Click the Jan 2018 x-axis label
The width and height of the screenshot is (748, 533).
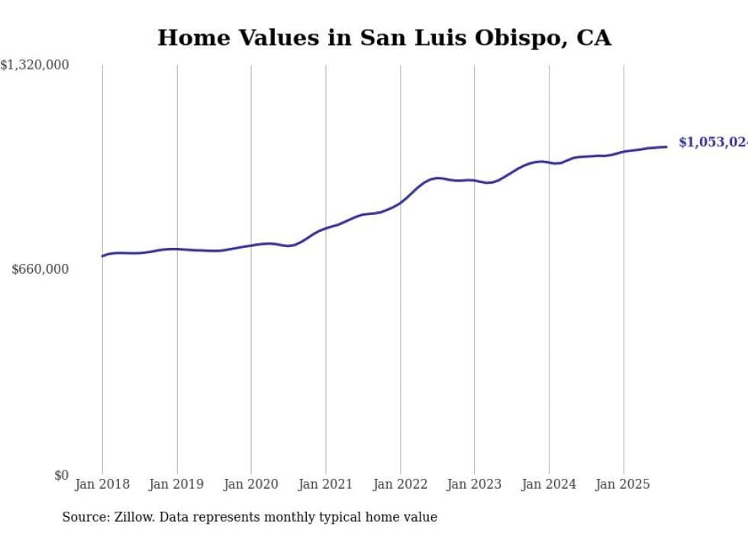(x=102, y=484)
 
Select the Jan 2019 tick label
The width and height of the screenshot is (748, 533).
(x=177, y=484)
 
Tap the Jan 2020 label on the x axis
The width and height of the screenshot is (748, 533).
(x=251, y=484)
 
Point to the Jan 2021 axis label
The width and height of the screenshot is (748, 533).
(x=326, y=484)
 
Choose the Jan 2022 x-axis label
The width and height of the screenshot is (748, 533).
(x=400, y=484)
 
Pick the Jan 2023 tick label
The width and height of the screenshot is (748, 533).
(x=474, y=484)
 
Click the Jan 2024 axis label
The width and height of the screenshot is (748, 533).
(x=549, y=484)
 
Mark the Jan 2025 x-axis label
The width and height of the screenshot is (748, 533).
(x=623, y=484)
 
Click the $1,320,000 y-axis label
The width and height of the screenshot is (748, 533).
(x=35, y=66)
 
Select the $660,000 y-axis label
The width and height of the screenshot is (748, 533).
(x=40, y=269)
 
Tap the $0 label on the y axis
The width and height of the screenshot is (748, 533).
(x=61, y=475)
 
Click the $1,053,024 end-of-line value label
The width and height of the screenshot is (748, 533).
(x=712, y=143)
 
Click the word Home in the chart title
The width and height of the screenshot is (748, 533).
(x=188, y=38)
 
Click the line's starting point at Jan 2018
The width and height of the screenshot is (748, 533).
(x=102, y=256)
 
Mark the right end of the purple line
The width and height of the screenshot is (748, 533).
(x=667, y=146)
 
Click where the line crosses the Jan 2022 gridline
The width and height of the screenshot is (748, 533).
(x=400, y=202)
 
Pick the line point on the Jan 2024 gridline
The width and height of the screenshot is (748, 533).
(x=549, y=162)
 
